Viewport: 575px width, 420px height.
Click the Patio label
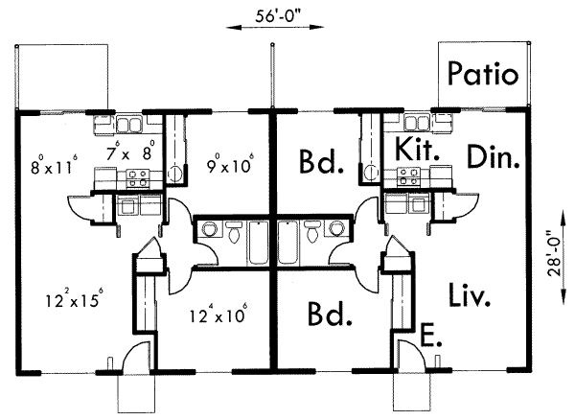(x=483, y=73)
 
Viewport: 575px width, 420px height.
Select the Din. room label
(x=494, y=157)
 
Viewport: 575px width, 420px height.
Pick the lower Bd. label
(x=319, y=315)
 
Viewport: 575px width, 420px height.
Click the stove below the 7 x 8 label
(x=136, y=176)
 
